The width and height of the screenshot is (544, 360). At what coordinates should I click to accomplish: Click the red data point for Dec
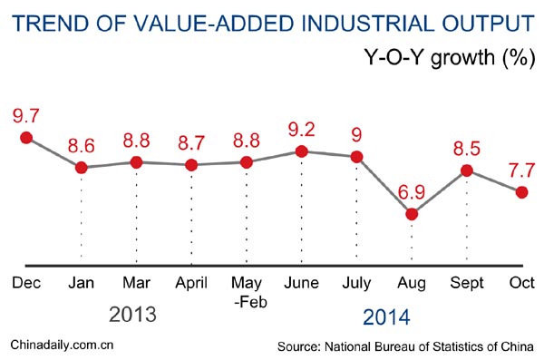point(26,137)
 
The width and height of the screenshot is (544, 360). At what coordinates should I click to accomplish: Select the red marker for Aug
point(412,214)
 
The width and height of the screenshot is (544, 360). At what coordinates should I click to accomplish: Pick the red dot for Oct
point(521,191)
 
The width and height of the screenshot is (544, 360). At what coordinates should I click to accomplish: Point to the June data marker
point(302,151)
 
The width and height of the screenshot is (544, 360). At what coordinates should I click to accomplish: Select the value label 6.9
point(412,192)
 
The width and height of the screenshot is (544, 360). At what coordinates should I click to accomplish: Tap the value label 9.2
point(302,130)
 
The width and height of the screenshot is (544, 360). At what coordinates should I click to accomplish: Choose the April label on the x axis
point(191,283)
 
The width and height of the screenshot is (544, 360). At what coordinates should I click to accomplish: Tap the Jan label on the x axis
point(82,283)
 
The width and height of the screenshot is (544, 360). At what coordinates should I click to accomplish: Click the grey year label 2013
point(133,316)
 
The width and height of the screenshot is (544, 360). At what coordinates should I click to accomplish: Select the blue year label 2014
point(386,317)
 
